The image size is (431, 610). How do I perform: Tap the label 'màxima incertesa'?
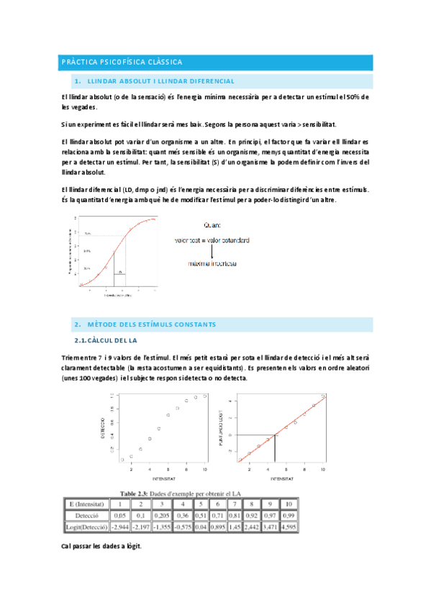tap(214, 264)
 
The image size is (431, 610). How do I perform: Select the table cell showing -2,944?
tap(119, 527)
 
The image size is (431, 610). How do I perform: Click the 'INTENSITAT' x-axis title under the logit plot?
tap(281, 478)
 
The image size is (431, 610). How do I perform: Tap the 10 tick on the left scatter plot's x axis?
tap(205, 469)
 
